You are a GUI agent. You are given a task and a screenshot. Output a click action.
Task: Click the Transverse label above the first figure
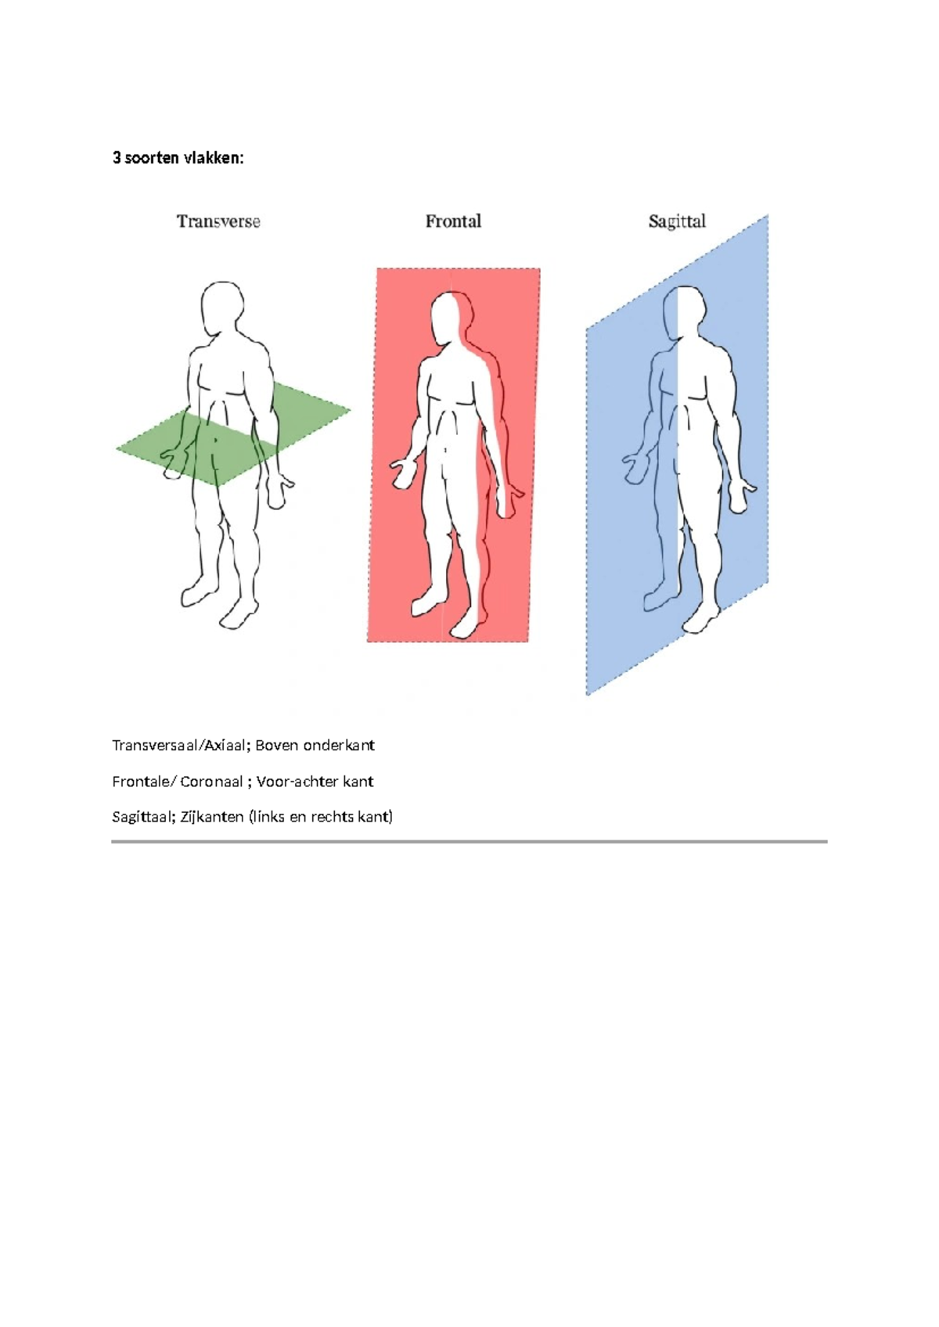pos(218,221)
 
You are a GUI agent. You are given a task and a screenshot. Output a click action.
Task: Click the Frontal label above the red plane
pos(453,221)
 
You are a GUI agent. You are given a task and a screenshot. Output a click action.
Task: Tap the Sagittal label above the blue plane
pos(677,221)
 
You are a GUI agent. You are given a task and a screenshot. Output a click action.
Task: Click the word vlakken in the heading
pos(214,158)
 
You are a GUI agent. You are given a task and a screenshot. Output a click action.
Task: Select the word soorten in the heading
pos(152,158)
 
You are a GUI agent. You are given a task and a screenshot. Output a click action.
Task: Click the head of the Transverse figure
pos(222,305)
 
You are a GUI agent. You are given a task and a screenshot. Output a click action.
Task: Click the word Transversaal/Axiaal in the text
pos(180,746)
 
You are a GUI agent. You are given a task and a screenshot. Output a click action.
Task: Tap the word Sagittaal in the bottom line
pos(142,817)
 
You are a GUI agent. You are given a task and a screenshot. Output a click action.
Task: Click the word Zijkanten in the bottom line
pos(212,817)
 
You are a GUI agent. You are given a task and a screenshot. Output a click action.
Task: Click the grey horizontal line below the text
pos(469,842)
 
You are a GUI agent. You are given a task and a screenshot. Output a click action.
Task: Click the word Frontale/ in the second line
pos(143,782)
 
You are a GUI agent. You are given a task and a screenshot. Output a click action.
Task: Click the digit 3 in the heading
pos(117,158)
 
